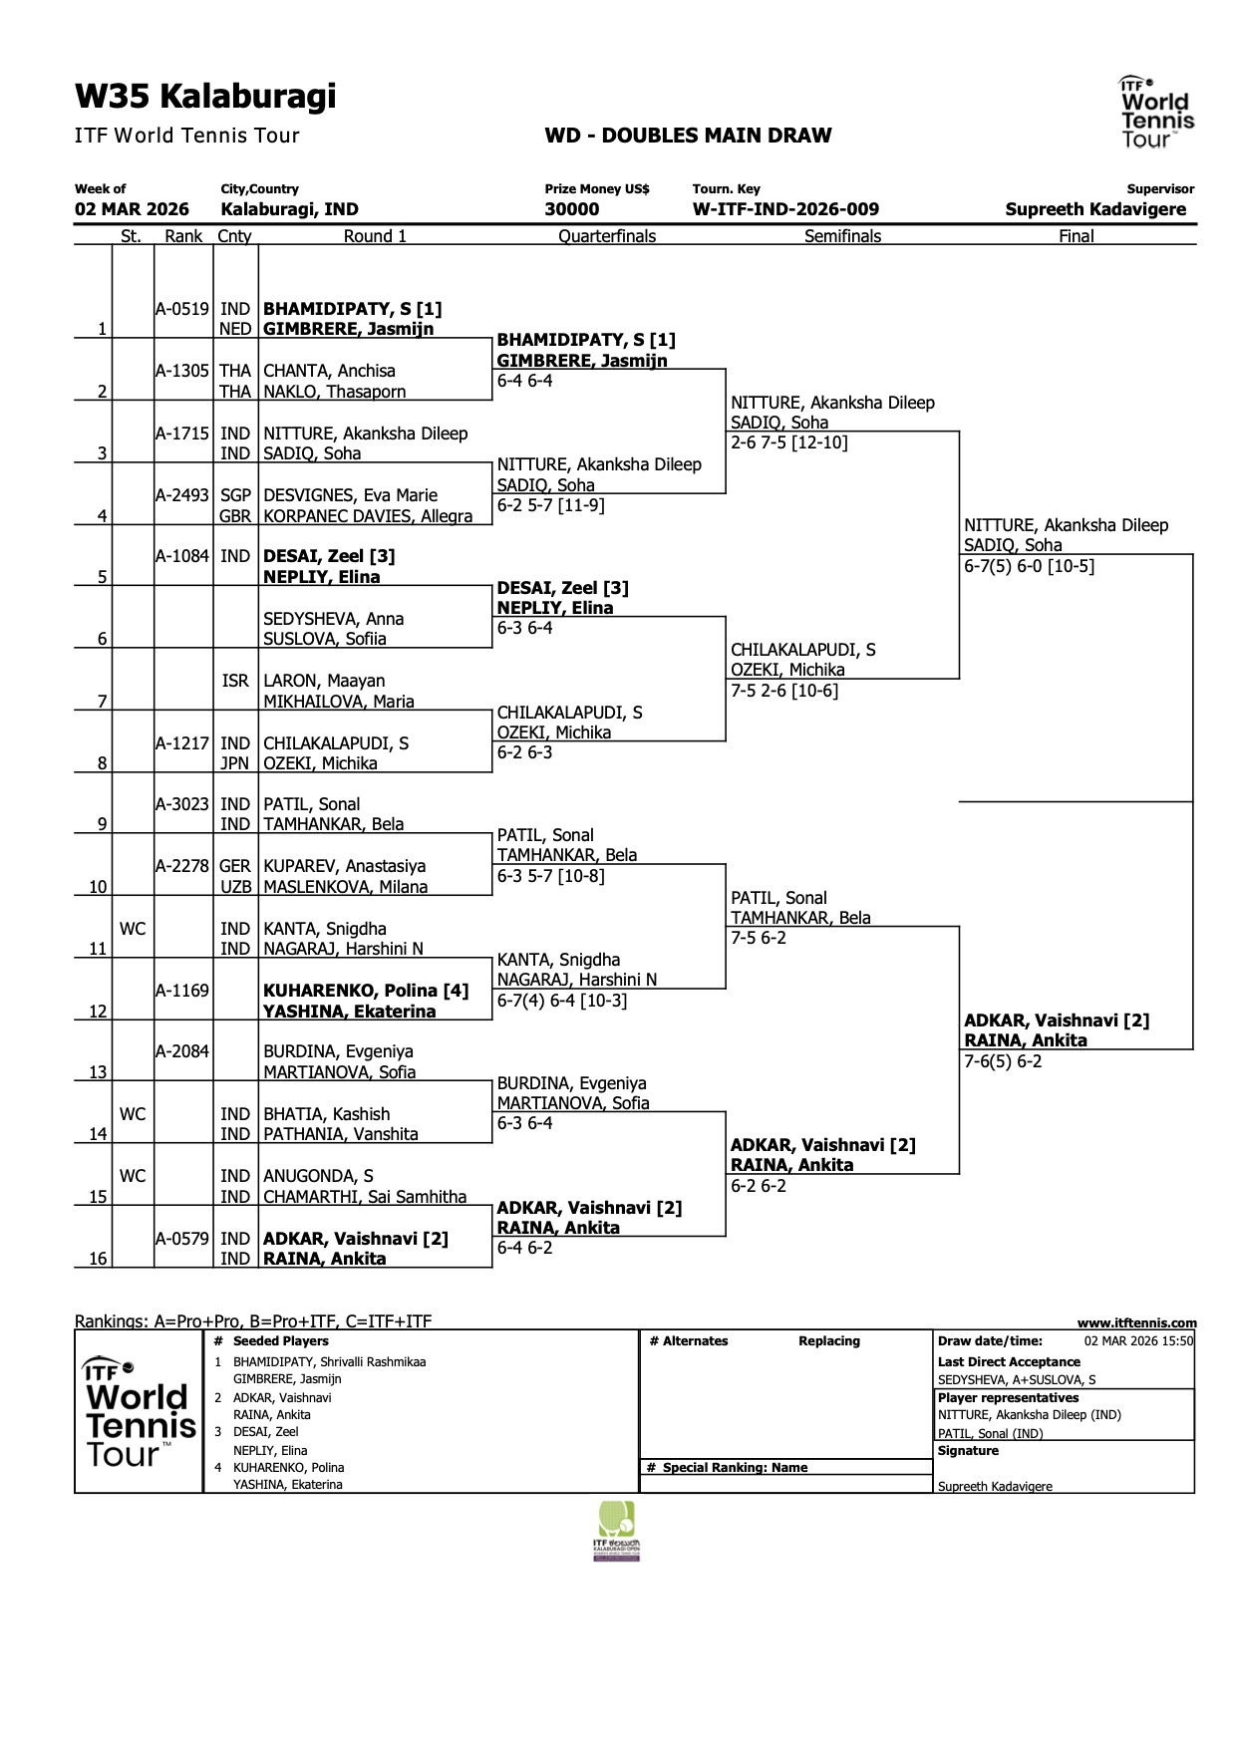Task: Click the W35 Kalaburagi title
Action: (x=205, y=97)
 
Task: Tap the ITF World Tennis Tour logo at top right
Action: (x=1155, y=113)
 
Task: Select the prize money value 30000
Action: (x=572, y=209)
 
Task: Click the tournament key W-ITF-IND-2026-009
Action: (x=785, y=209)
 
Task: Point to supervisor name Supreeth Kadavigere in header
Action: (x=1095, y=209)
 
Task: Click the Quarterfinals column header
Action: (x=607, y=236)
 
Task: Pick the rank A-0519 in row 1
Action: (x=183, y=309)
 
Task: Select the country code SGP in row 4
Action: (x=235, y=495)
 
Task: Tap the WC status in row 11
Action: (x=133, y=929)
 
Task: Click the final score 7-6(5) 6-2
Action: (x=1003, y=1061)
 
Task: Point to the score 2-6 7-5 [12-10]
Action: (x=789, y=442)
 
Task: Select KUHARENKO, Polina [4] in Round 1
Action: (x=365, y=991)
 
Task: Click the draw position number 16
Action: (x=98, y=1259)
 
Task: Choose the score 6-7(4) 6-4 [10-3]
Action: (x=562, y=1001)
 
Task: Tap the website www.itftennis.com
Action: (x=1136, y=1322)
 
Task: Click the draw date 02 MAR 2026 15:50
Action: (x=1138, y=1341)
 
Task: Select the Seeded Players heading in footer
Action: (x=281, y=1341)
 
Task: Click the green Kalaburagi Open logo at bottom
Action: (x=617, y=1531)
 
